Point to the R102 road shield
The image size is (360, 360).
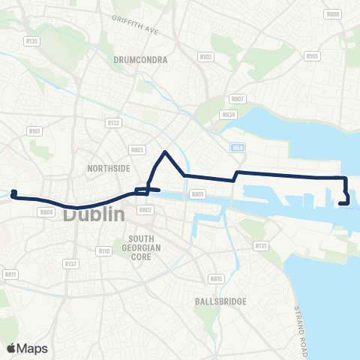[x=206, y=56]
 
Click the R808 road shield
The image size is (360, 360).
[x=334, y=14]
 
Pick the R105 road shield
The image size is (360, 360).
[x=313, y=56]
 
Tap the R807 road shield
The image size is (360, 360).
[x=238, y=99]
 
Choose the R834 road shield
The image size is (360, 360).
[x=229, y=114]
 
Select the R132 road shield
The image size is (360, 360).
[x=114, y=122]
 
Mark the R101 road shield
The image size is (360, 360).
[x=34, y=131]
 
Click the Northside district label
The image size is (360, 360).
[x=103, y=169]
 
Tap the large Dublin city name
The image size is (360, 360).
[x=93, y=214]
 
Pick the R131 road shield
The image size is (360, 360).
[x=261, y=245]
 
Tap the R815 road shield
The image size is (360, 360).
[x=216, y=279]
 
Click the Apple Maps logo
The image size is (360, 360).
[x=27, y=348]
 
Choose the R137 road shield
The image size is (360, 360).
[x=71, y=264]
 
